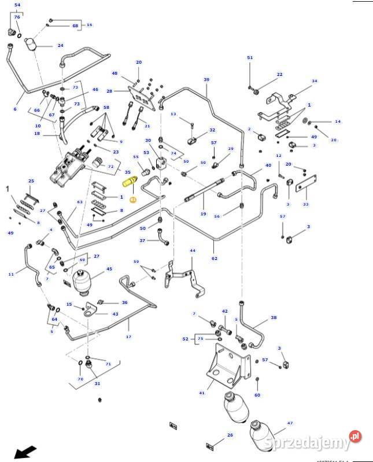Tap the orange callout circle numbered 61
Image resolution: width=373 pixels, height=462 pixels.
[132, 199]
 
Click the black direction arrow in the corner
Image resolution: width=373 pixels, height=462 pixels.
[24, 451]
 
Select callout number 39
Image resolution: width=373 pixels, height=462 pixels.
[206, 79]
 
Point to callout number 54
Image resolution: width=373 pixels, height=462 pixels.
[17, 5]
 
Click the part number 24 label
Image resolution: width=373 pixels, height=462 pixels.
[60, 45]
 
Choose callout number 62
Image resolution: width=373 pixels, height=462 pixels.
[215, 259]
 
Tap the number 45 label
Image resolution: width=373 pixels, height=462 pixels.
[109, 269]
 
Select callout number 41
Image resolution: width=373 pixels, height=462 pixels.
[202, 393]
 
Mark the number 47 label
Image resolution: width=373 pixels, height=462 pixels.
[290, 424]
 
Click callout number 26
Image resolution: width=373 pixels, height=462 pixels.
[230, 435]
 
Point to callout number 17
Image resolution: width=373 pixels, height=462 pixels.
[128, 336]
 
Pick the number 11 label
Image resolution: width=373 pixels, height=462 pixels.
[11, 273]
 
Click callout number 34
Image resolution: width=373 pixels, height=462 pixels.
[315, 81]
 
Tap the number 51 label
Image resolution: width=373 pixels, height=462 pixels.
[250, 58]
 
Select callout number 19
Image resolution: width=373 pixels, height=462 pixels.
[203, 214]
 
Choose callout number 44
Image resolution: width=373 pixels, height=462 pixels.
[193, 251]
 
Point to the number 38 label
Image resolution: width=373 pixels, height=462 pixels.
[274, 318]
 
